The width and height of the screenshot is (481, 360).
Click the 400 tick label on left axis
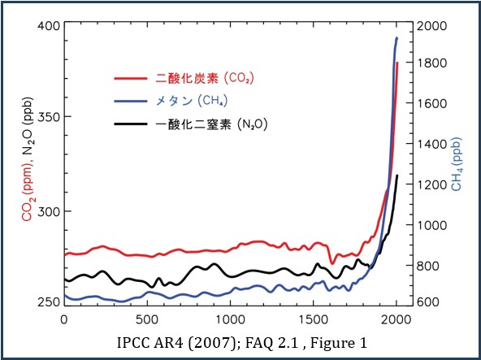coord(48,26)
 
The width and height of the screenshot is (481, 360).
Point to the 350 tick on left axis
coord(48,117)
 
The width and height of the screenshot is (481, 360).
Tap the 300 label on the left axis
coord(48,211)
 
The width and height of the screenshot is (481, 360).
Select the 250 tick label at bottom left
coord(48,302)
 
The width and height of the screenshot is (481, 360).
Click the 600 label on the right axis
coord(428,302)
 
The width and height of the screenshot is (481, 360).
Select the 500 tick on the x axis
coord(147,319)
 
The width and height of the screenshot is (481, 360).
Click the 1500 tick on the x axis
coord(313,319)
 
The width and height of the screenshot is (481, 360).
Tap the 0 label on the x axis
coord(64,319)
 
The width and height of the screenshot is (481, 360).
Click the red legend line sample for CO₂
coord(131,78)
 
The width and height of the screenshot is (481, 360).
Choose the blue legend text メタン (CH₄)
coord(192,101)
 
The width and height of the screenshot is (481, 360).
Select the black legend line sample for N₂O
coord(131,124)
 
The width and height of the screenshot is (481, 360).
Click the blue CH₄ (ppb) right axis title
coord(456,165)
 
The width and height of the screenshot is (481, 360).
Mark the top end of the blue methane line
coord(397,37)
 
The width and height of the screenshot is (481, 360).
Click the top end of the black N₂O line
coord(397,176)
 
